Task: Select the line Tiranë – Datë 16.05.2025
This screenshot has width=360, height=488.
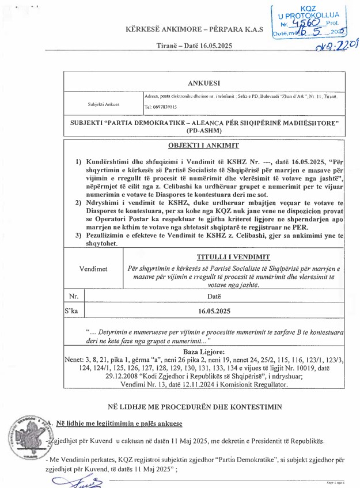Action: (x=194, y=46)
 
